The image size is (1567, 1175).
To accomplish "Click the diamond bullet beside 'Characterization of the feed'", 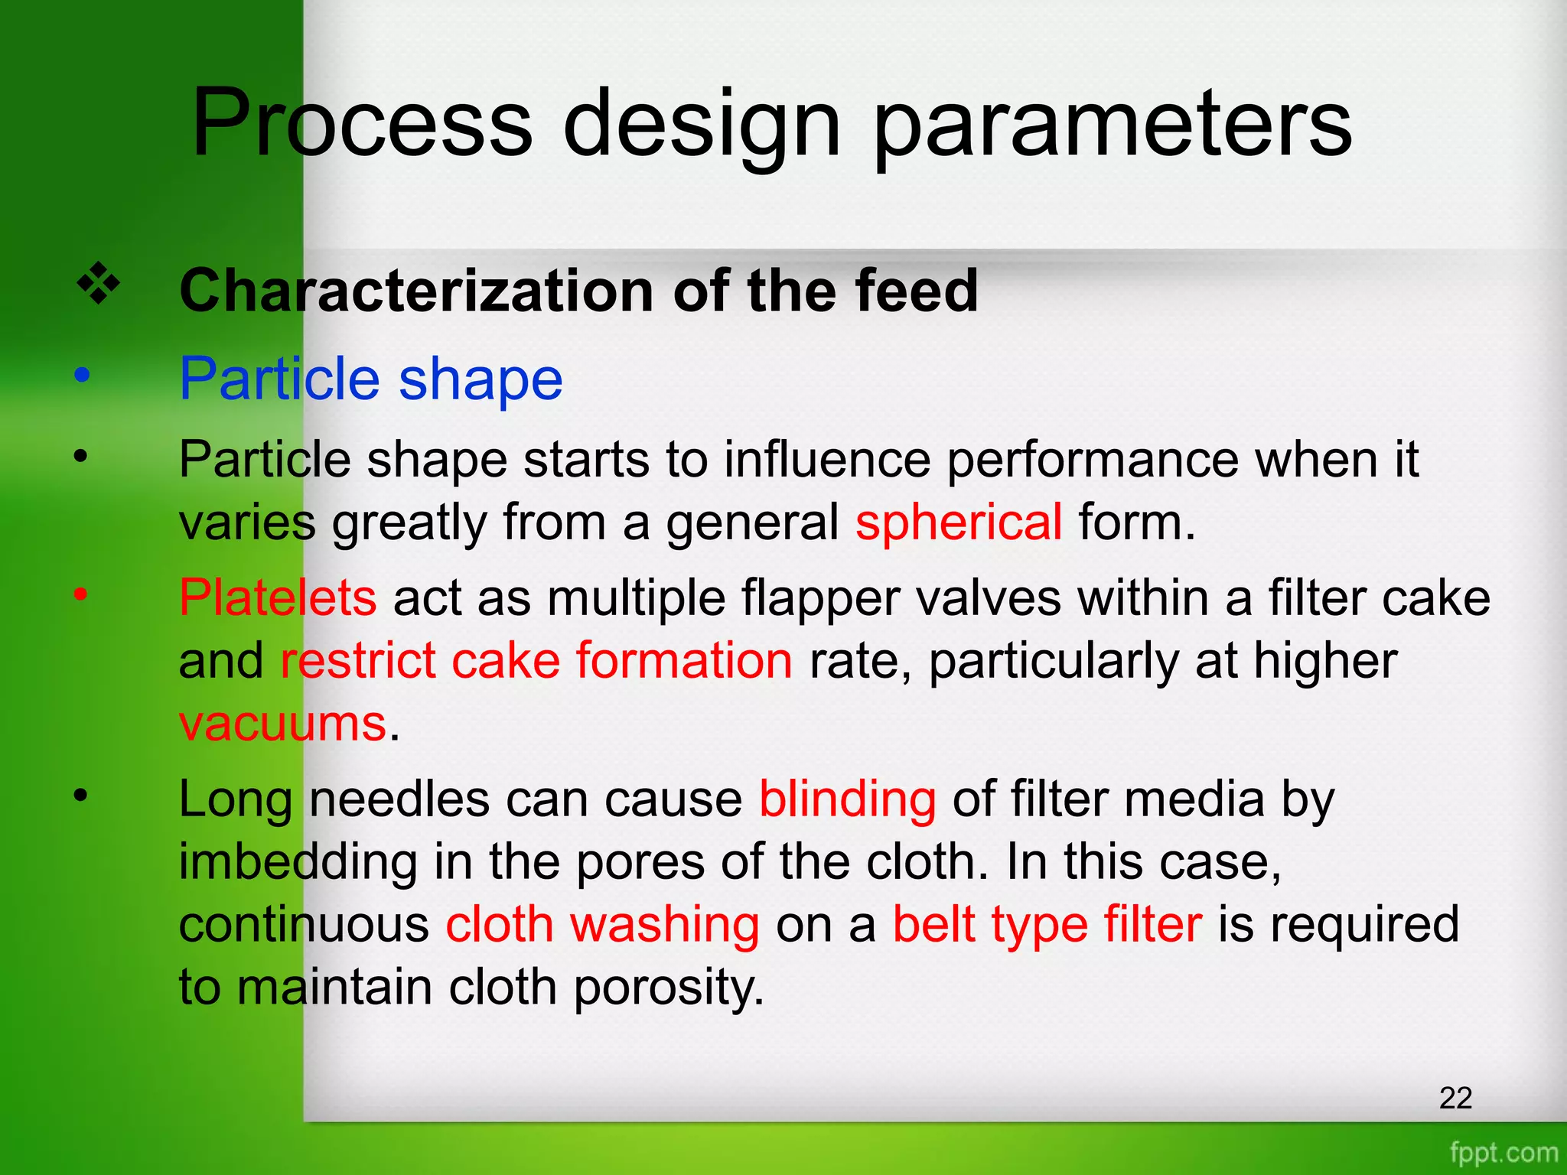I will [x=99, y=285].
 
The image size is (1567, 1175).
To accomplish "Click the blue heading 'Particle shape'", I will [x=371, y=379].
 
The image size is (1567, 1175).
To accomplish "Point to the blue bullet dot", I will [x=82, y=376].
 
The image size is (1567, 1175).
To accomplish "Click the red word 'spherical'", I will [x=959, y=522].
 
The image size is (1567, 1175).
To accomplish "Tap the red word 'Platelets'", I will [x=278, y=597].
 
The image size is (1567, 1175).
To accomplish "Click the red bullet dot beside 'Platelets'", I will [x=81, y=594].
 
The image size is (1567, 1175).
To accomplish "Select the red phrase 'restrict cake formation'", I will [x=536, y=660].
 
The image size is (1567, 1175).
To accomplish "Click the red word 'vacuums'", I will [x=282, y=723].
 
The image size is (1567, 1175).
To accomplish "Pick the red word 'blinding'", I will [x=847, y=799].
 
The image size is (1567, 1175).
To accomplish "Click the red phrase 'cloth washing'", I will [x=603, y=925].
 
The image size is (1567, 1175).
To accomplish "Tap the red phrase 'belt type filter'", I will [x=1047, y=925].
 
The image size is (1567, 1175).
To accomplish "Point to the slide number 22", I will [x=1455, y=1099].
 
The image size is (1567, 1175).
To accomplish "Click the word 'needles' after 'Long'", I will [x=399, y=799].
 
